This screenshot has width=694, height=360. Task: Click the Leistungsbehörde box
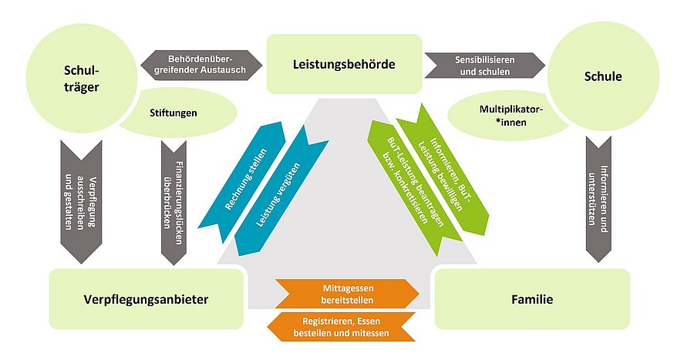[344, 64]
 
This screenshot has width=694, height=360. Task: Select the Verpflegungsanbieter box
[146, 298]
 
